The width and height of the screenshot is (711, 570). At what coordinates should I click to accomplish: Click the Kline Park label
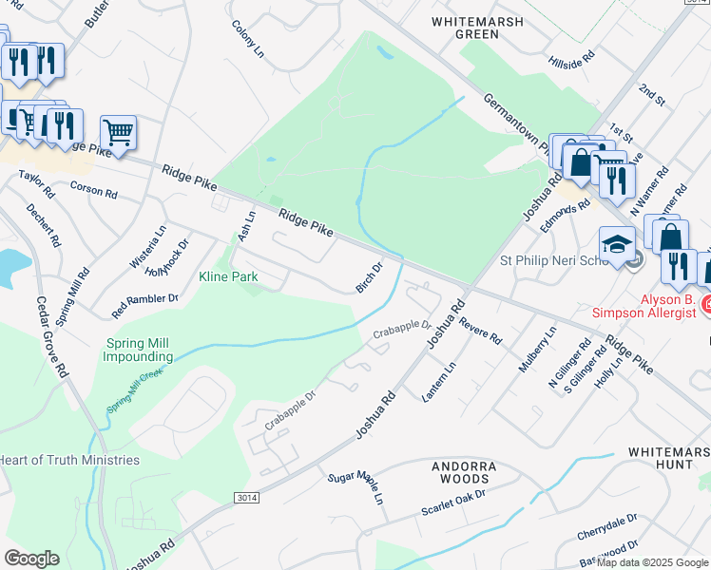click(x=228, y=277)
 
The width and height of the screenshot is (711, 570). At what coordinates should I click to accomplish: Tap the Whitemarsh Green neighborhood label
click(x=465, y=27)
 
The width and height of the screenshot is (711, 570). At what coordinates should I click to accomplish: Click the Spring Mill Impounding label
click(x=139, y=350)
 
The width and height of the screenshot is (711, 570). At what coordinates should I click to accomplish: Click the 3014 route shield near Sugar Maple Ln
click(x=244, y=497)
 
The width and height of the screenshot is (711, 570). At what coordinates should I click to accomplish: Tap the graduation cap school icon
click(x=617, y=243)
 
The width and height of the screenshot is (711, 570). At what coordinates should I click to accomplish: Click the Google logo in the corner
click(x=31, y=559)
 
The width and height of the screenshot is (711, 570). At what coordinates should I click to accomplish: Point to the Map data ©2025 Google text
click(x=652, y=562)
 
